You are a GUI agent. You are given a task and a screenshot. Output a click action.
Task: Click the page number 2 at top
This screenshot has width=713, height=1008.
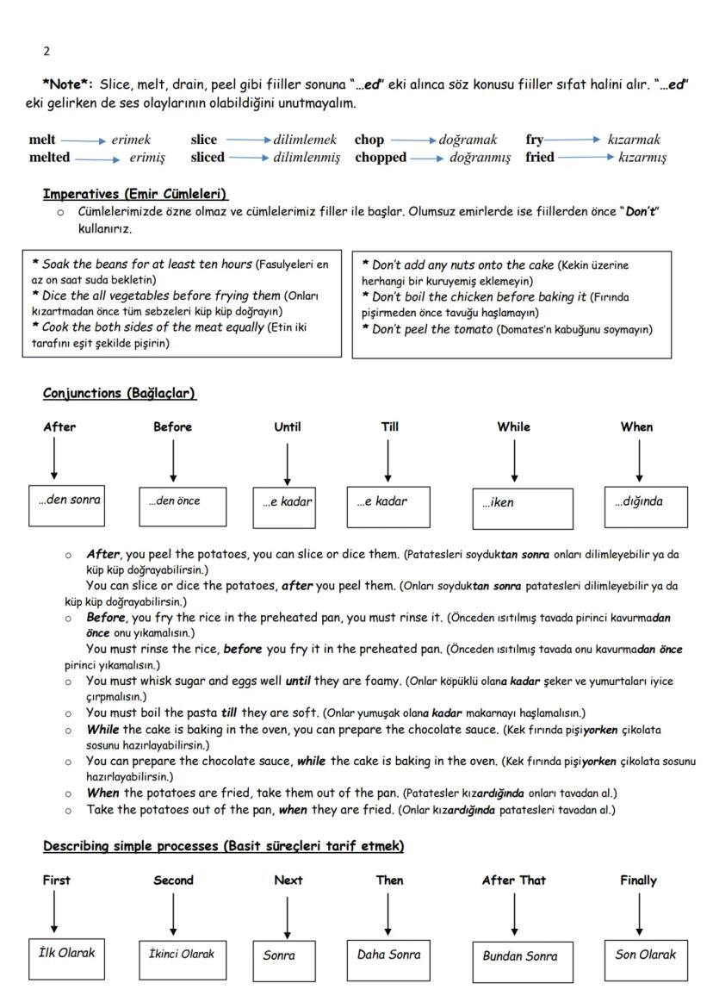(46, 51)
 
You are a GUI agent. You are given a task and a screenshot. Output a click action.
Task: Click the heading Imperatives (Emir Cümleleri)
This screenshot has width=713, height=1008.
(135, 194)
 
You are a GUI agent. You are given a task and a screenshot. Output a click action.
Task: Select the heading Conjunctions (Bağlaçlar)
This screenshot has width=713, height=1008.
(120, 394)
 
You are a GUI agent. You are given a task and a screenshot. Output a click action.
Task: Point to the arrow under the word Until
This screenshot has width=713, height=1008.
(287, 462)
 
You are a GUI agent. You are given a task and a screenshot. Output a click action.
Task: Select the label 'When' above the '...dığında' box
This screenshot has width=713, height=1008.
(636, 426)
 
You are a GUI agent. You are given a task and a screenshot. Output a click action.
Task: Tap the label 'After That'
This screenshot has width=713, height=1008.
(513, 880)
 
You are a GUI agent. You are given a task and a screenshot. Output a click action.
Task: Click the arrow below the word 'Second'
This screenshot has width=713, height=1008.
(173, 913)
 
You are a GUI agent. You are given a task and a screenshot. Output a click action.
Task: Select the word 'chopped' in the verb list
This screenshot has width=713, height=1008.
(380, 158)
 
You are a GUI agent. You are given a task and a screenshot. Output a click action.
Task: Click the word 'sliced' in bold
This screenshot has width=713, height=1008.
(208, 158)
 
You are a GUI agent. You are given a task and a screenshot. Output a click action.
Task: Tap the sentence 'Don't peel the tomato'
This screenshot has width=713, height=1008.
(427, 329)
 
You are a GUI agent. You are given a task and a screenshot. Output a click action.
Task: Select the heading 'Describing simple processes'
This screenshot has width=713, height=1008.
(223, 847)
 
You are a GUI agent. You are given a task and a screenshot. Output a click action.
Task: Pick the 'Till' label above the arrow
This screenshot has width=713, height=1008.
(389, 426)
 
